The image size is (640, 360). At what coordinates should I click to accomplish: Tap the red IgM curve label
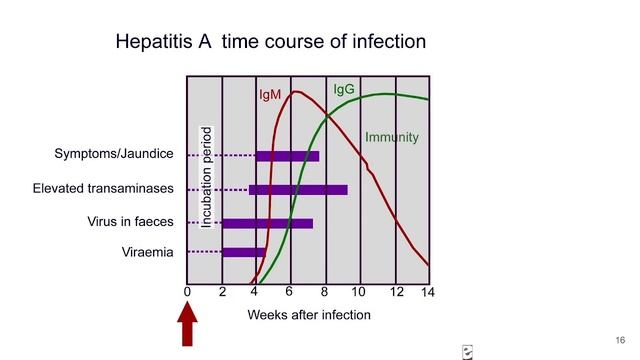pos(270,95)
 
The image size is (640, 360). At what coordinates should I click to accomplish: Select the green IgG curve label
pos(344,90)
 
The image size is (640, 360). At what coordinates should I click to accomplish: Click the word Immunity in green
pos(391,137)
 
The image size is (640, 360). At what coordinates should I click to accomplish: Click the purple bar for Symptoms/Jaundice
pos(287,156)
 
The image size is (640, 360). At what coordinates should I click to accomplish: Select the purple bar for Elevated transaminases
pos(298,189)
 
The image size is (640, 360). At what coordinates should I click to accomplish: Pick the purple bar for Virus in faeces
pos(267,223)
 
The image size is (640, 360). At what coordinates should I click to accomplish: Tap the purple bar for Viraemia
pos(243,252)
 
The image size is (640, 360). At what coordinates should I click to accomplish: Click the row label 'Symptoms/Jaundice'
pos(114,154)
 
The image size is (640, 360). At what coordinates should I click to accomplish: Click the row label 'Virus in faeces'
pos(130,221)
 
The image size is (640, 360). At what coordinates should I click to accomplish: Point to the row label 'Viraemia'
pos(147,253)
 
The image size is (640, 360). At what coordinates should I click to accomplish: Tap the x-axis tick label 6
pos(288,291)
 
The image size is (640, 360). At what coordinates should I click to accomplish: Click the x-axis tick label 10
pos(359,292)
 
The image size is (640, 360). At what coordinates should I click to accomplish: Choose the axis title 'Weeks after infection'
pos(309,315)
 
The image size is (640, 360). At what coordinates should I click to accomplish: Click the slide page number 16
pos(620,337)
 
